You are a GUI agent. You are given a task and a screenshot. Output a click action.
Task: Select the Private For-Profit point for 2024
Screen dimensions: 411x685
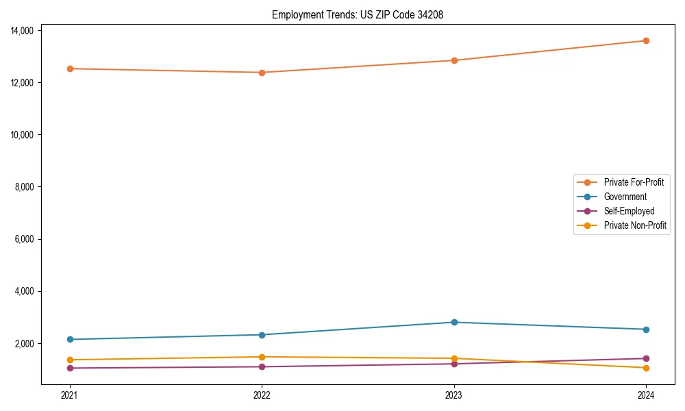[x=646, y=40]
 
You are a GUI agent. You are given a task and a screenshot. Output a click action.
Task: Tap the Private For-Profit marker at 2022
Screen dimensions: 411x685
[x=262, y=73]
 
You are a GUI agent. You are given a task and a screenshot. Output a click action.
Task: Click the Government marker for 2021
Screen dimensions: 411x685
[x=70, y=339]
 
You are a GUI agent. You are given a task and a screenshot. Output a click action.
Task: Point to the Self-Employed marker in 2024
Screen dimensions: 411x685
[x=646, y=358]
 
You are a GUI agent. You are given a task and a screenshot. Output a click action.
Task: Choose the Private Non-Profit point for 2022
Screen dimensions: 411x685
[x=262, y=357]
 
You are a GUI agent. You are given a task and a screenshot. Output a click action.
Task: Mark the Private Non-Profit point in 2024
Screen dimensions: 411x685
[x=646, y=368]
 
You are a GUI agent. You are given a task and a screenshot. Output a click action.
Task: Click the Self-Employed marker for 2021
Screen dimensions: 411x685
[x=70, y=368]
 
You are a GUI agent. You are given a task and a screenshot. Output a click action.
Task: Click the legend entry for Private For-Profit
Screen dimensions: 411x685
[x=633, y=182]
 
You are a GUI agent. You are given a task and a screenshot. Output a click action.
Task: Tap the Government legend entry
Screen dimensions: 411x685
[x=625, y=197]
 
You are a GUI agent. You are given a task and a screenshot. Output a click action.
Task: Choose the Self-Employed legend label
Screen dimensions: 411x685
[x=629, y=211]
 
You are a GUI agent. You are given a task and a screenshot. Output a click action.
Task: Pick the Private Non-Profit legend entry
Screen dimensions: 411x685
[x=635, y=225]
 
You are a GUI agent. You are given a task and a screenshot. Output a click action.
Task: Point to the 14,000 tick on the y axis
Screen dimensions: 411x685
[x=23, y=30]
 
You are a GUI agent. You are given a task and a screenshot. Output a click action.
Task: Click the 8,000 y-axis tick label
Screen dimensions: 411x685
[x=25, y=187]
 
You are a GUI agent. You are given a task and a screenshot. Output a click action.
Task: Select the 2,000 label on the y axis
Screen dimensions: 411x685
[x=25, y=343]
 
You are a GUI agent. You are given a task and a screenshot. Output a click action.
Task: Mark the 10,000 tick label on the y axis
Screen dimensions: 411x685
[x=23, y=135]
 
